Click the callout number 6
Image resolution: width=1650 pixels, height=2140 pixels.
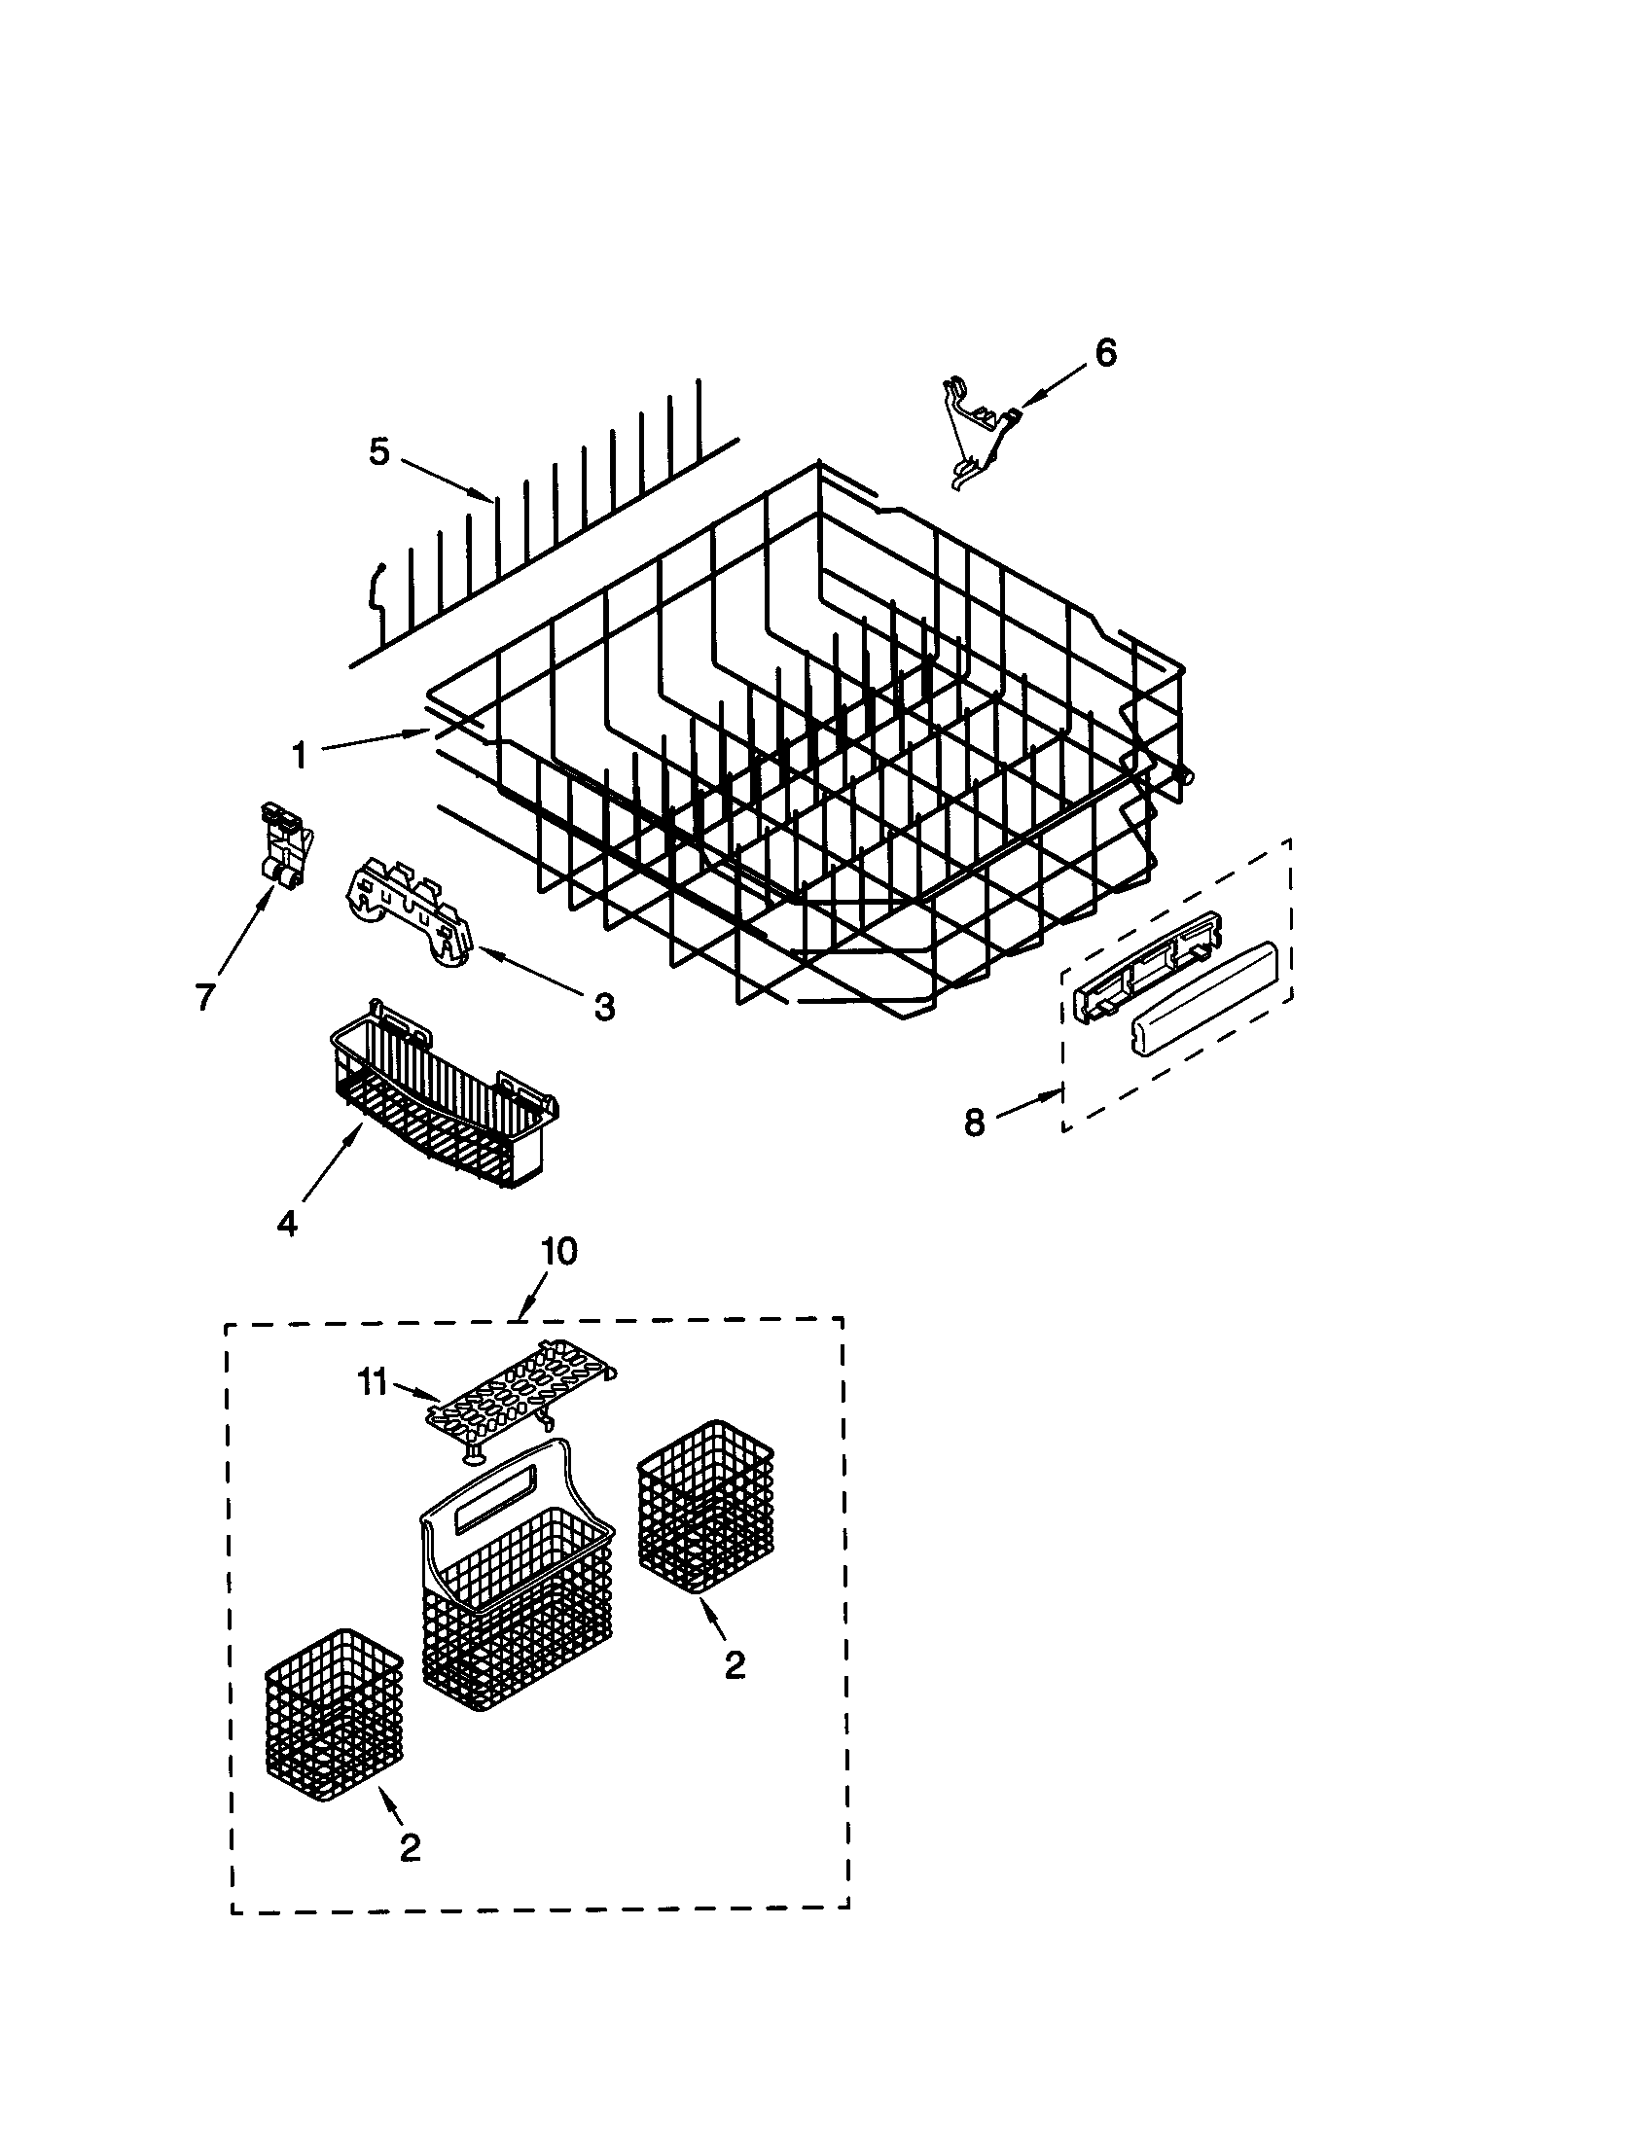[1104, 353]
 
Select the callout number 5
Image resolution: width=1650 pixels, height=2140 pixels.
[379, 451]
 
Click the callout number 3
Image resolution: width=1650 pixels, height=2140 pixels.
[604, 1006]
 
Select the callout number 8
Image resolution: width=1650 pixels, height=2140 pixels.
[974, 1123]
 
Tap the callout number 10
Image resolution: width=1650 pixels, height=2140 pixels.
[558, 1251]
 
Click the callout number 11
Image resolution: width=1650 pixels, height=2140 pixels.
[371, 1383]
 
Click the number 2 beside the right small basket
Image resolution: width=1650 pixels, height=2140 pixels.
[735, 1664]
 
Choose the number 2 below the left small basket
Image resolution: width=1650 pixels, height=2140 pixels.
[411, 1847]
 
